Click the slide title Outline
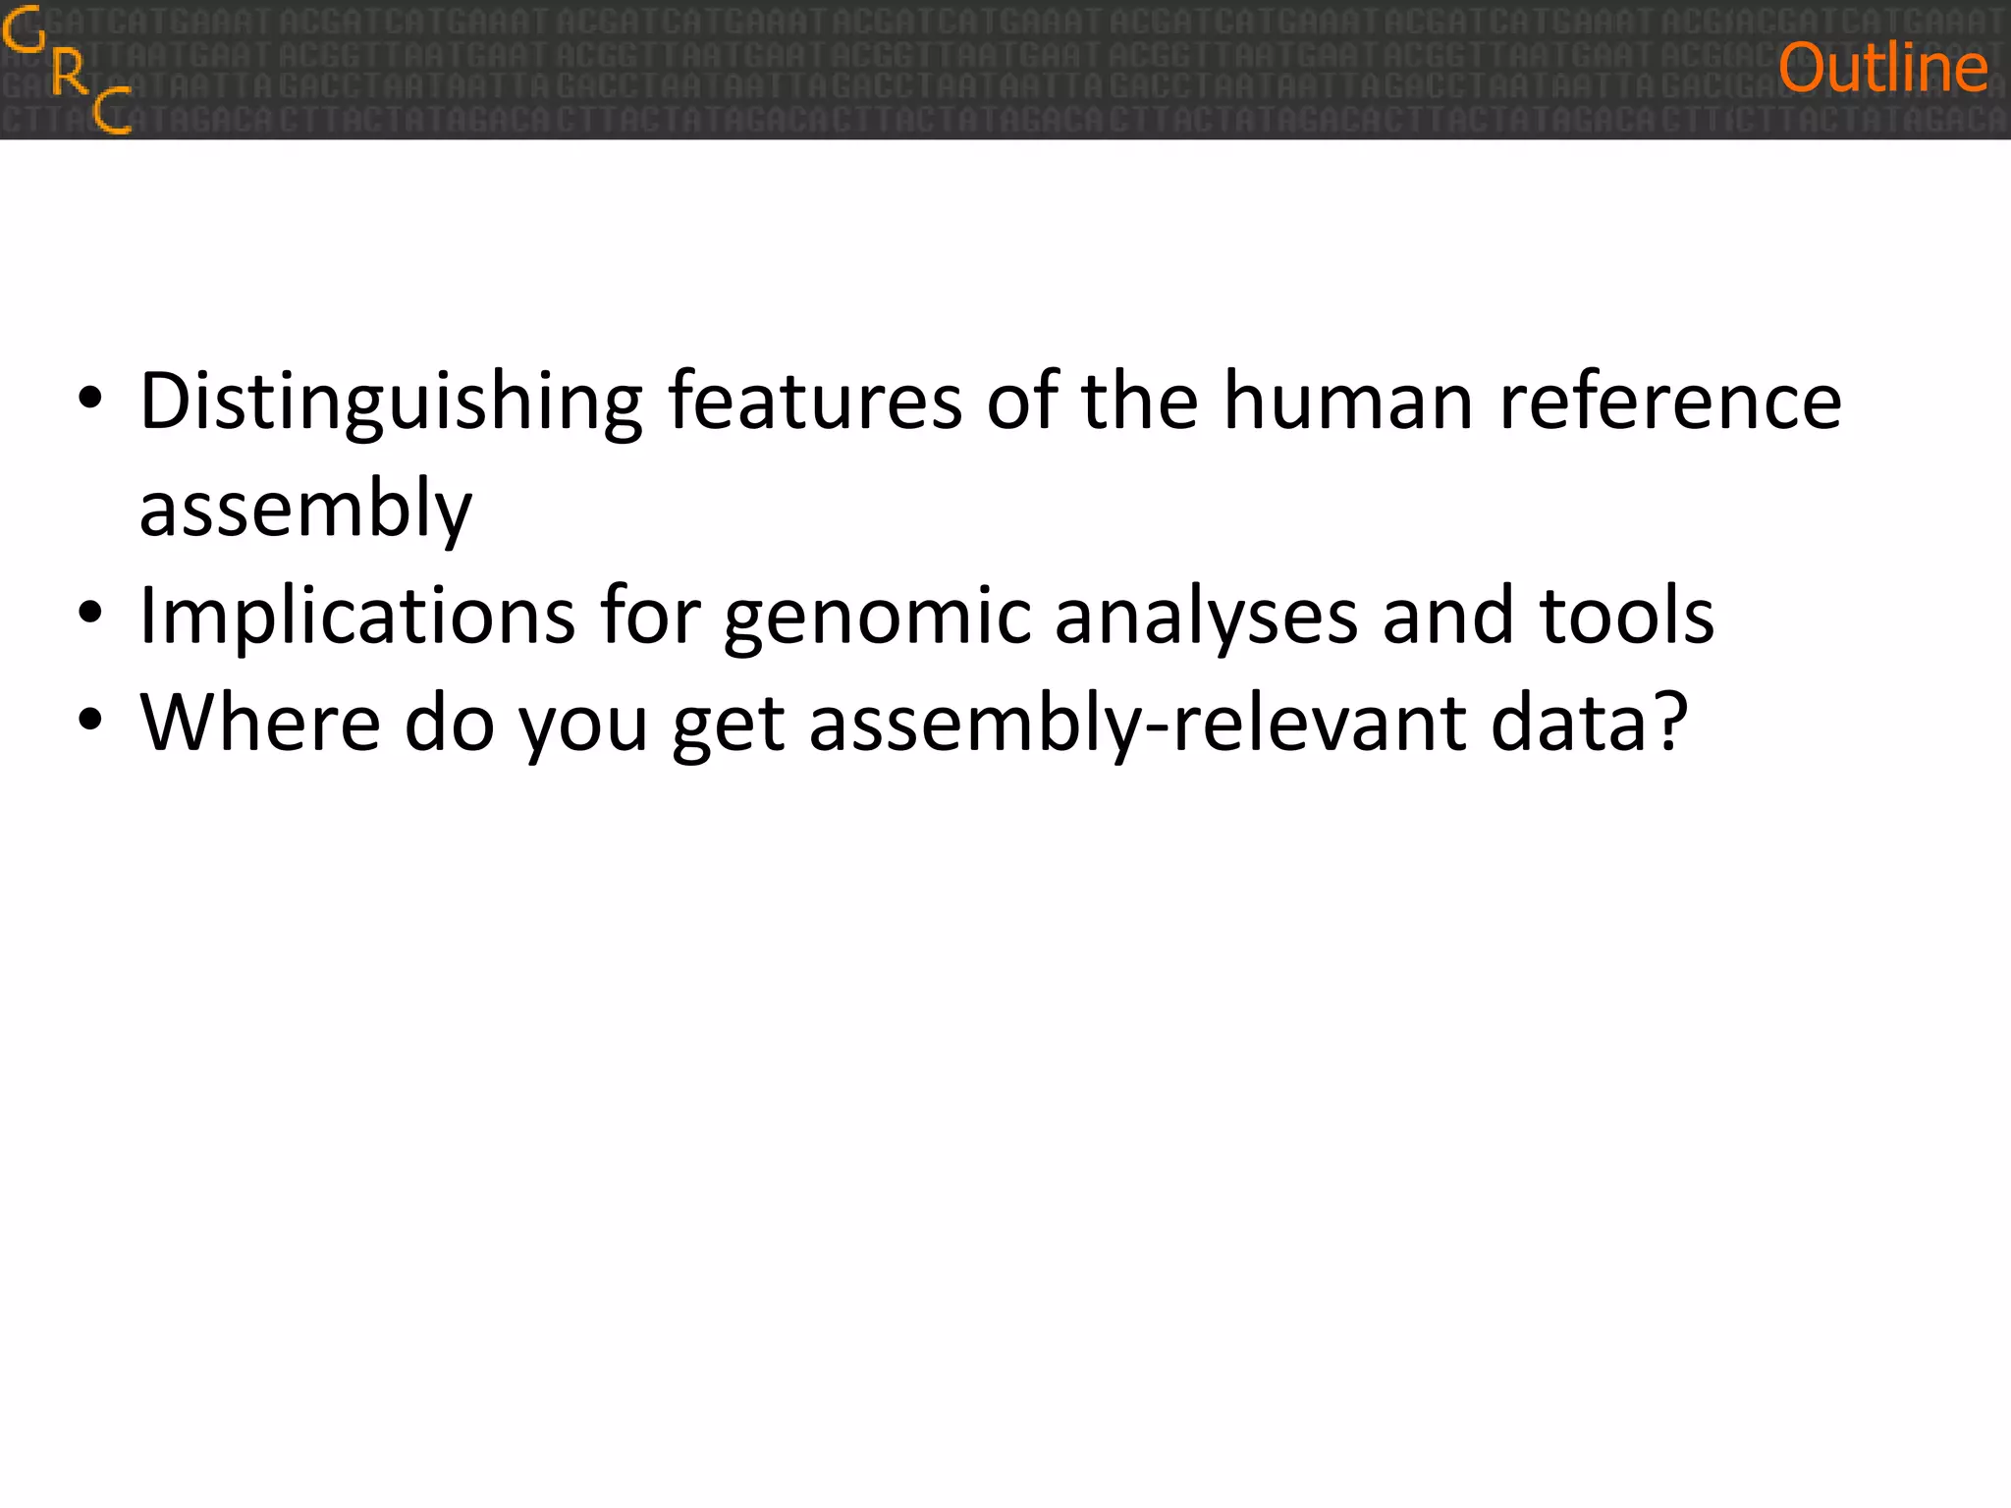[1882, 69]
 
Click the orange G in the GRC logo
[24, 31]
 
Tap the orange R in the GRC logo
[69, 73]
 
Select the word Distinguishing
[391, 403]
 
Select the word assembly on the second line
[305, 509]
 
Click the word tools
[1627, 615]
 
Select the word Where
[260, 723]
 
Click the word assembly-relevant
[1138, 725]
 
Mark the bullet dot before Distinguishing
[90, 401]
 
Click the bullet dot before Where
[90, 723]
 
